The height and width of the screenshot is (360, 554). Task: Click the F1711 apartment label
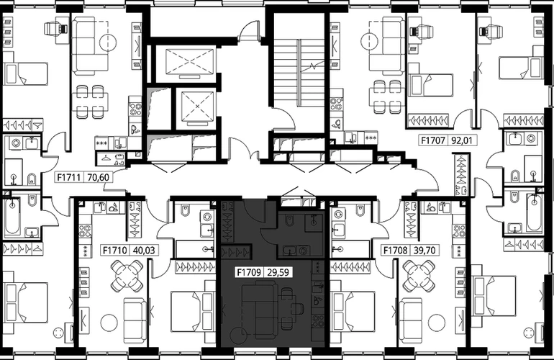(x=70, y=177)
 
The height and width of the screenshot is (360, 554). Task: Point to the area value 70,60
(x=98, y=177)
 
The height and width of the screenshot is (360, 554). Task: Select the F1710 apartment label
(x=115, y=251)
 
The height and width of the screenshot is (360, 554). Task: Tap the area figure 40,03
(x=143, y=251)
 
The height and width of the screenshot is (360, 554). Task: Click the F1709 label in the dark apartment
(x=249, y=272)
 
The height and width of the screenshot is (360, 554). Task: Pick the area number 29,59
(x=278, y=272)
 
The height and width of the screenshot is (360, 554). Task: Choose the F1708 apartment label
(x=396, y=251)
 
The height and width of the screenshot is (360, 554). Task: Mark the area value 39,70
(x=424, y=251)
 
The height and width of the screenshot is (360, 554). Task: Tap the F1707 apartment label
(x=433, y=140)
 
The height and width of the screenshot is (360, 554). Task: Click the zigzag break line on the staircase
(x=312, y=66)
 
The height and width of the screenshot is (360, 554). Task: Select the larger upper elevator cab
(x=190, y=61)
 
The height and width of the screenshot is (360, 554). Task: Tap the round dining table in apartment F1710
(x=127, y=275)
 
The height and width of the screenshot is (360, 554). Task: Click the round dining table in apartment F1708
(x=419, y=275)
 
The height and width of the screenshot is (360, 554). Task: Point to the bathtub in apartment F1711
(x=13, y=215)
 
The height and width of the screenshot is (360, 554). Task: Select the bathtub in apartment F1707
(x=534, y=212)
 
